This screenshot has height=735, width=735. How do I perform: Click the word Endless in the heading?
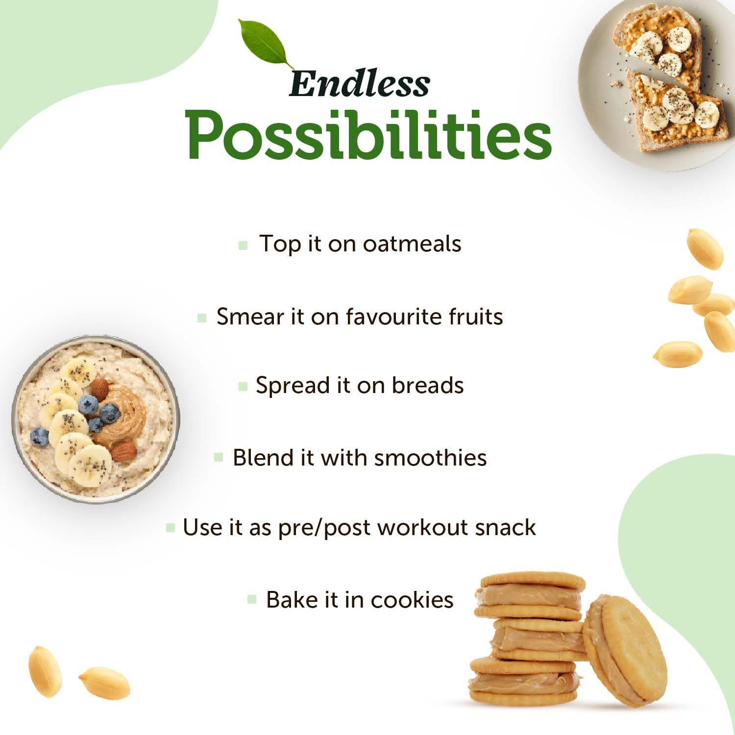pos(359,83)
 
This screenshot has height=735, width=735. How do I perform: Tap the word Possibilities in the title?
pos(369,135)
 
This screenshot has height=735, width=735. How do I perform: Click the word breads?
pos(428,385)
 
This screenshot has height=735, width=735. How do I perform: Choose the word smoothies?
pos(431,458)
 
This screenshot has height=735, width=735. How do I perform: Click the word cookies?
pos(412,600)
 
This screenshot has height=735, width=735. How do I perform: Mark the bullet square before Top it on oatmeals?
pos(243,245)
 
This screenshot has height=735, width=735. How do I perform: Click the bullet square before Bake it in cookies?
pos(252,599)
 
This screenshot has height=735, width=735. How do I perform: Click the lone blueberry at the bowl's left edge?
pos(40,437)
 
